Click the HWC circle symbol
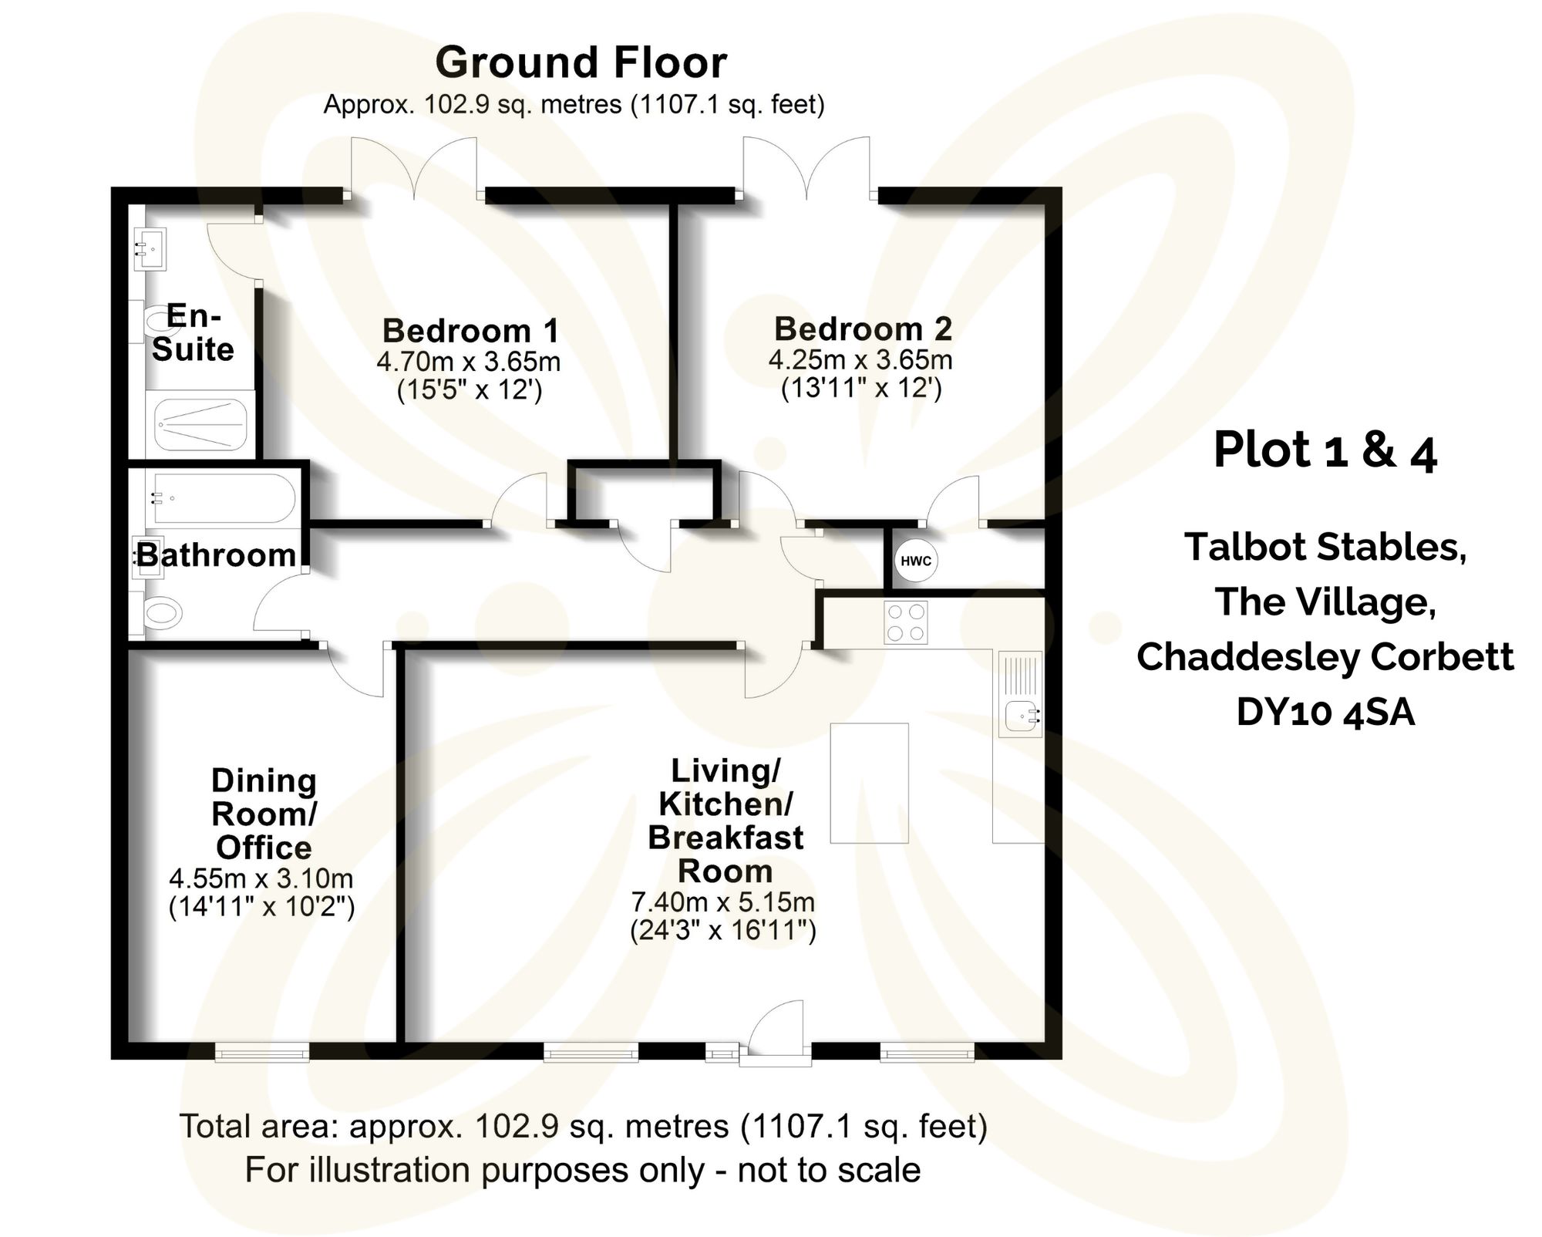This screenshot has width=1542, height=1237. [915, 561]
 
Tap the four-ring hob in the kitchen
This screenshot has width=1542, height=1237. [906, 622]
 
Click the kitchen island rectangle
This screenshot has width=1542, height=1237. [869, 783]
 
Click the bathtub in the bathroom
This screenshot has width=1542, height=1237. [223, 497]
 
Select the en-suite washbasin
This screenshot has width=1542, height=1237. [150, 248]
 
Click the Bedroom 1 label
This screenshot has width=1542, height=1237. [470, 331]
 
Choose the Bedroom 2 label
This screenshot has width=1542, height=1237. [863, 329]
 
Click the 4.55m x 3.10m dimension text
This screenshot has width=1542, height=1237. [261, 878]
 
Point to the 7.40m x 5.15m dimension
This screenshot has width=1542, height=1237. [723, 902]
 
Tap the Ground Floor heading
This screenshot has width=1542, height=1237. [581, 63]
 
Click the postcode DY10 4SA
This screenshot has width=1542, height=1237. [1325, 712]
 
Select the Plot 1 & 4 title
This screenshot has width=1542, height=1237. [1325, 450]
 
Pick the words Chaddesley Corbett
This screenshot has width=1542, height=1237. [1325, 657]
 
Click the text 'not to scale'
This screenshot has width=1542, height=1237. [829, 1170]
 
